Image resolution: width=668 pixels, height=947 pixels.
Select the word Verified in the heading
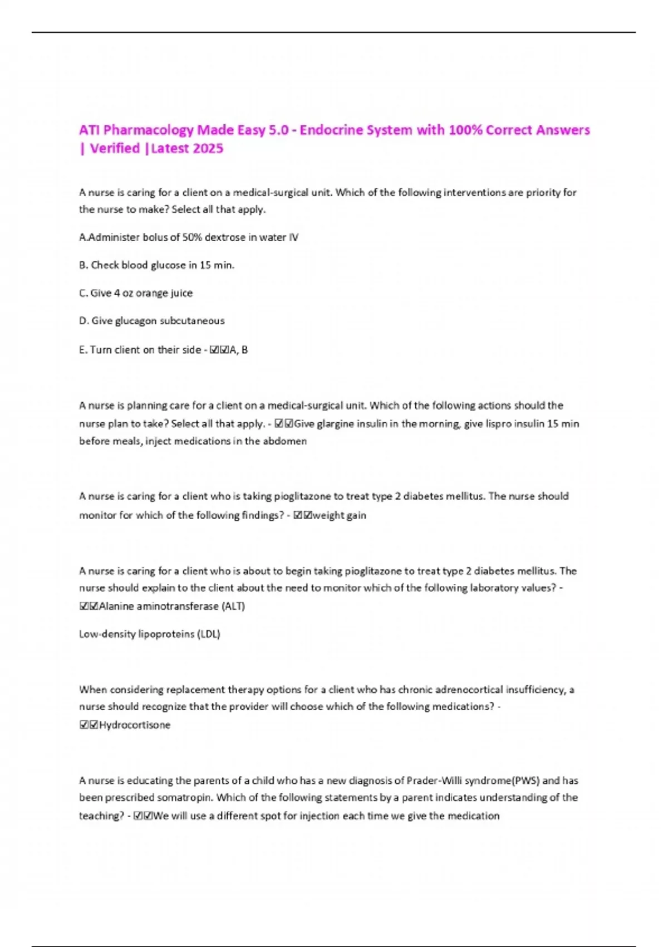pos(115,148)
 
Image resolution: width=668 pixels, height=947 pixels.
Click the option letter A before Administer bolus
pos(83,237)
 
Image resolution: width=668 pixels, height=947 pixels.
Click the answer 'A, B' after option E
pos(239,350)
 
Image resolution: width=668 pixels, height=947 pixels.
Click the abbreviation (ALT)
pos(233,606)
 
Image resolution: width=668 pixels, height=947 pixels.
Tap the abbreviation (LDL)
pos(209,634)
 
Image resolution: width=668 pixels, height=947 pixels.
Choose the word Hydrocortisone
pos(135,725)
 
